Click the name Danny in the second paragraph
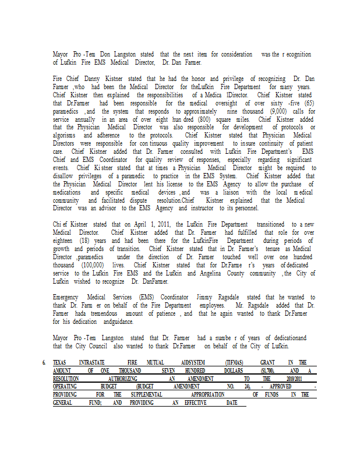pos(93,79)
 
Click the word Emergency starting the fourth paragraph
pos(69,297)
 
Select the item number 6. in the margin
pos(44,362)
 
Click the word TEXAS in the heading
pos(60,362)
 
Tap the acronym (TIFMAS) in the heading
pos(236,362)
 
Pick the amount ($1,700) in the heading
pos(267,370)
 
